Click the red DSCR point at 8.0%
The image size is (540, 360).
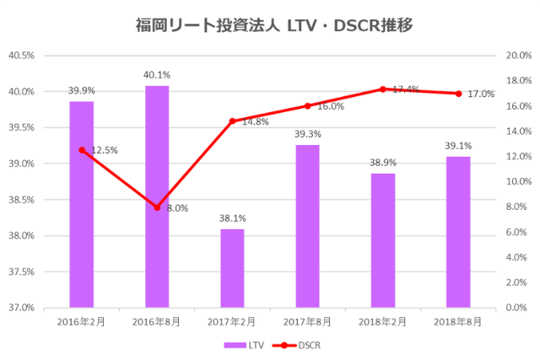click(157, 207)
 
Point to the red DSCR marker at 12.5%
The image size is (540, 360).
click(82, 150)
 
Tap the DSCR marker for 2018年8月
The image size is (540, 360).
click(458, 94)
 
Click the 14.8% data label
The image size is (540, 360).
click(256, 121)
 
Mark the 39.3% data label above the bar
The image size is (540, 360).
click(308, 134)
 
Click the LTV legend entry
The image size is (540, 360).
click(245, 345)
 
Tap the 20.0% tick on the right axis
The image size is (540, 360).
click(516, 56)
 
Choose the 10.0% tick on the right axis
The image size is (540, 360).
click(516, 182)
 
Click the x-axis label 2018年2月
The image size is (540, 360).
click(383, 321)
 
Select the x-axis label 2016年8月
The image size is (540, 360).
click(157, 321)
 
